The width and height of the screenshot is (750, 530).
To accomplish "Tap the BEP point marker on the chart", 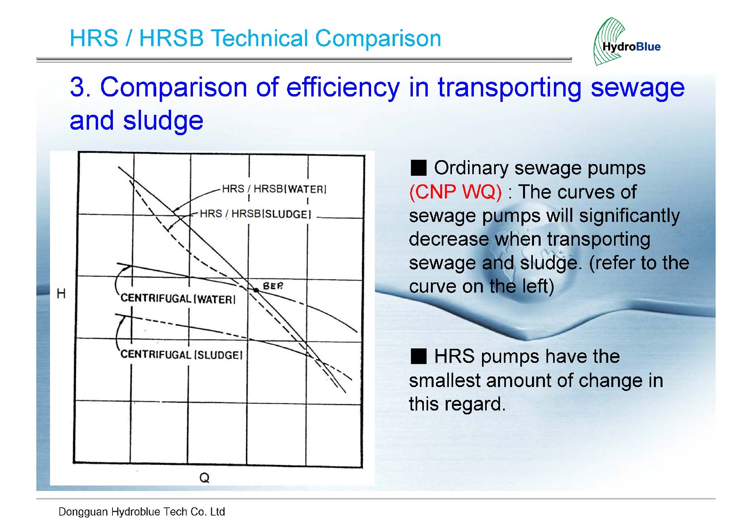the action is (256, 290).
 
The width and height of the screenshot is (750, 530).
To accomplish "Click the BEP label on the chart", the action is (273, 286).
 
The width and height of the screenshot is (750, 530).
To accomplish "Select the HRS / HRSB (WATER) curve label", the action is (274, 189).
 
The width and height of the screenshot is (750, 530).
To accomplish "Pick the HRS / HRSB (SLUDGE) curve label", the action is (255, 214).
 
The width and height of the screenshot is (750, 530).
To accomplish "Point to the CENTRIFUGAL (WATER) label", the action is (178, 299).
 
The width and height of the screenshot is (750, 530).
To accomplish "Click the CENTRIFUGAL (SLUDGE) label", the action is (181, 355).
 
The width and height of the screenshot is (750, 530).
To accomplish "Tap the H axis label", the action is (61, 293).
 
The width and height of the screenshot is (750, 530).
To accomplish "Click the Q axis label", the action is (204, 478).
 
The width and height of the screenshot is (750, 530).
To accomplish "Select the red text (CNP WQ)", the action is (455, 192).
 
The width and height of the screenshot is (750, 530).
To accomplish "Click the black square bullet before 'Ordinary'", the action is (418, 168).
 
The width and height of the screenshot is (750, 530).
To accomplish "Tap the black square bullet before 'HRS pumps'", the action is (418, 356).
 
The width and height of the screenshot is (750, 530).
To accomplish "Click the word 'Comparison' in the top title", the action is (378, 39).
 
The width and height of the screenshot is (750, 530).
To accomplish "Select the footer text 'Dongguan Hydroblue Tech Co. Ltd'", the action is (142, 512).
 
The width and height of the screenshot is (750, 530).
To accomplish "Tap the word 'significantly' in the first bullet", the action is (629, 216).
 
